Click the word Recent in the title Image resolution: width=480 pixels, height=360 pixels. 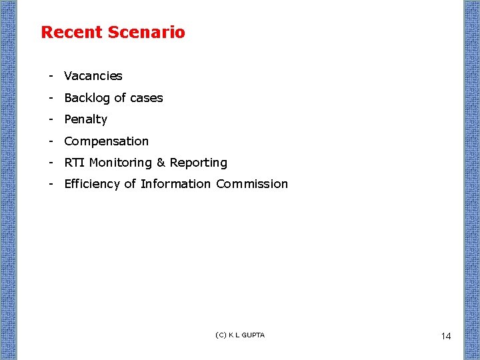pos(71,32)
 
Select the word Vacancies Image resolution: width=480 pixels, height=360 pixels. pos(93,76)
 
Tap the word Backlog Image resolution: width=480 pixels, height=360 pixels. pos(86,98)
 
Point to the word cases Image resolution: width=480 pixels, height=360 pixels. pos(146,98)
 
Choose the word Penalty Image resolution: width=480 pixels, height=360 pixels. pos(85,119)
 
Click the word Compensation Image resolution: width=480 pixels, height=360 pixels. pos(106,141)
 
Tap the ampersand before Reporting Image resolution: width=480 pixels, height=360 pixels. pos(161,163)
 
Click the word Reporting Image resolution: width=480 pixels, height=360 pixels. pos(199,163)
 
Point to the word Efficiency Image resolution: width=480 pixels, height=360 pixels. pos(92,184)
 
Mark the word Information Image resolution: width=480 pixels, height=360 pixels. pos(176,184)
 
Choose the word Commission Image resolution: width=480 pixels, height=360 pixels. pos(252,184)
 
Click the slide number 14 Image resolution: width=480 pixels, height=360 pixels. pos(446,336)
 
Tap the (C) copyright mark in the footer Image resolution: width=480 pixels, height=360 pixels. pos(221,335)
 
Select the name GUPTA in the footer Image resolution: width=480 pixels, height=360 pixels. pos(253,335)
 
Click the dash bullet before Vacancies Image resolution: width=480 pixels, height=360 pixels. pos(50,76)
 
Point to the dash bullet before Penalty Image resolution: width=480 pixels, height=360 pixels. pos(50,119)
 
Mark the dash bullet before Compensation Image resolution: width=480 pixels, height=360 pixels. pos(50,141)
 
